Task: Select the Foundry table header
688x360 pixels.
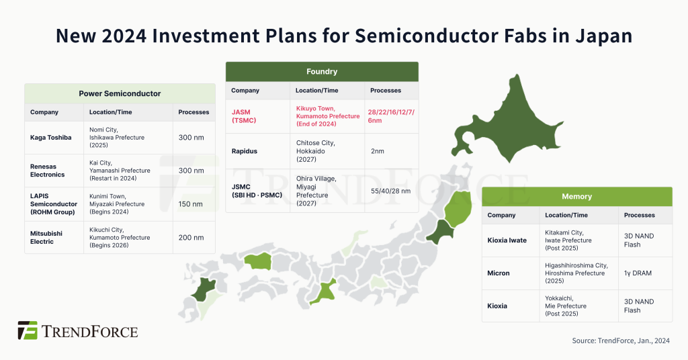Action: click(321, 71)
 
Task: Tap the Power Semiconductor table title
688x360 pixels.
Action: click(120, 93)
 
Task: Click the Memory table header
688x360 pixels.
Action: click(576, 196)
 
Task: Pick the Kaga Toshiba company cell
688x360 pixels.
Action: click(51, 138)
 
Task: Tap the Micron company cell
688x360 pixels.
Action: click(499, 273)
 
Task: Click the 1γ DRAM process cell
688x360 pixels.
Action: click(637, 273)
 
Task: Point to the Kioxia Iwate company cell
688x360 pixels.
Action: click(507, 240)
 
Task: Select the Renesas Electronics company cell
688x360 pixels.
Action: click(48, 171)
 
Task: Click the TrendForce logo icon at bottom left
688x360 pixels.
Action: click(28, 330)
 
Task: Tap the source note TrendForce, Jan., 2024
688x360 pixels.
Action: click(621, 341)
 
